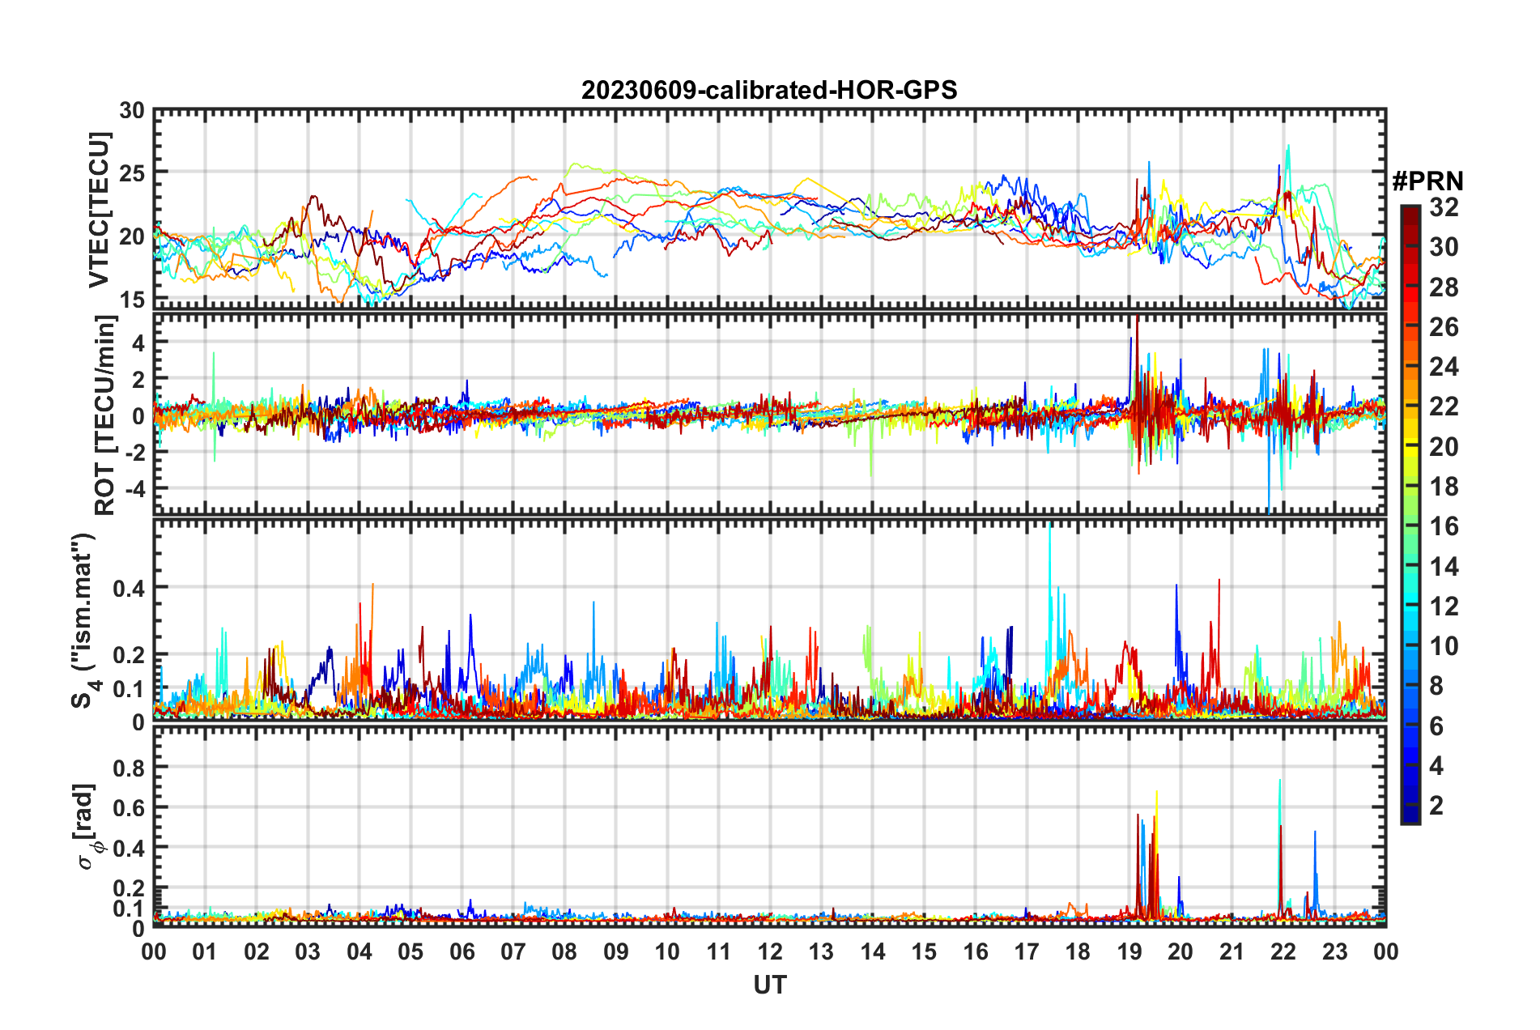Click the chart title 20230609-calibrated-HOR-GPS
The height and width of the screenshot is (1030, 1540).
pos(769,90)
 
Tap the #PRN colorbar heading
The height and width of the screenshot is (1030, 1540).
pos(1427,181)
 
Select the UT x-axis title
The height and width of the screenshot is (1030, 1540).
pos(769,985)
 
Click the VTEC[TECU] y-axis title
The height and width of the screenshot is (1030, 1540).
pos(99,211)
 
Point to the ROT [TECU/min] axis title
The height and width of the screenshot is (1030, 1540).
pos(104,415)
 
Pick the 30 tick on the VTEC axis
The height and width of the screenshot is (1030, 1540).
pos(132,111)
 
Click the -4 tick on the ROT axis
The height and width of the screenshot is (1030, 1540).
pos(134,488)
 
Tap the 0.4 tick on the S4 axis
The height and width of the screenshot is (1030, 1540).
pos(130,588)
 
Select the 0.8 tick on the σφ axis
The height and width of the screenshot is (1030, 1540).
pos(130,767)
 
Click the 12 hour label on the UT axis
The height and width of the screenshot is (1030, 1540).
pos(769,951)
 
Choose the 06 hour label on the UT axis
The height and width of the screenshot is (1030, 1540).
pos(462,951)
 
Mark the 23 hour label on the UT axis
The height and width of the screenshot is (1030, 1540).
pos(1334,951)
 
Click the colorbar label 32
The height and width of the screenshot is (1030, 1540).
pos(1444,207)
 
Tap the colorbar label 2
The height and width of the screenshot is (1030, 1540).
pos(1436,805)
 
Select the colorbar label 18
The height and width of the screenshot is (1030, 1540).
pos(1444,487)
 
